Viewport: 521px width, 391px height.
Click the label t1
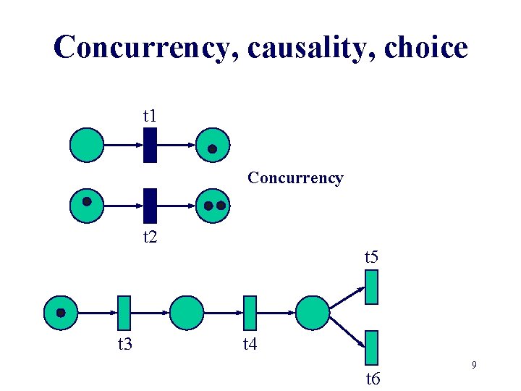pyautogui.click(x=150, y=115)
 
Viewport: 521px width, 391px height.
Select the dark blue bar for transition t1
pyautogui.click(x=150, y=145)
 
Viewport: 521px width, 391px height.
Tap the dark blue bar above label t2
pyautogui.click(x=150, y=205)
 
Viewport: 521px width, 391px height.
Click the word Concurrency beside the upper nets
pyautogui.click(x=295, y=177)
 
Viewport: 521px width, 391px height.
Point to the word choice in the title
pyautogui.click(x=427, y=48)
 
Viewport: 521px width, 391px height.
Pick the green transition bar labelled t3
pyautogui.click(x=124, y=313)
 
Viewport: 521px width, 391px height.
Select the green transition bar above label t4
pyautogui.click(x=250, y=313)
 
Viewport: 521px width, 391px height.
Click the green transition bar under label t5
pyautogui.click(x=372, y=286)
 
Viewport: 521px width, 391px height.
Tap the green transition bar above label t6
pyautogui.click(x=372, y=347)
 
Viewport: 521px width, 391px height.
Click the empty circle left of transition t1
pyautogui.click(x=87, y=145)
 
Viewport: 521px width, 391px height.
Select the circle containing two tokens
pyautogui.click(x=213, y=205)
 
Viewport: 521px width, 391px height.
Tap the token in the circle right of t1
pyautogui.click(x=212, y=149)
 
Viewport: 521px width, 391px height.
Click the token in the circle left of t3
pyautogui.click(x=62, y=313)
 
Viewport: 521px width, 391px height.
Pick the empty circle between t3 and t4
pyautogui.click(x=187, y=313)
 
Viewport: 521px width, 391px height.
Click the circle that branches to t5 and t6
pyautogui.click(x=313, y=313)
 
